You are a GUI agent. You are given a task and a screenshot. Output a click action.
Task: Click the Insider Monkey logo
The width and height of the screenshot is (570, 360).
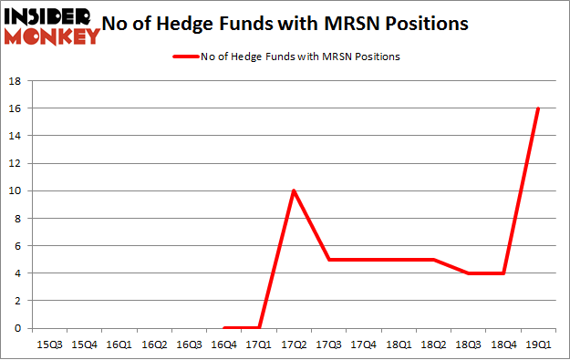pyautogui.click(x=53, y=26)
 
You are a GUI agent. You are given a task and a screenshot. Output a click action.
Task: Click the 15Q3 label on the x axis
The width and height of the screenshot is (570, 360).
pyautogui.click(x=50, y=345)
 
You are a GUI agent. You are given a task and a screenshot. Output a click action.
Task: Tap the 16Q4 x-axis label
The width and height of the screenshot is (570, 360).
pyautogui.click(x=225, y=345)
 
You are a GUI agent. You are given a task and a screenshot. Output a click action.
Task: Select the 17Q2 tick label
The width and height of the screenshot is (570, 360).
pyautogui.click(x=294, y=345)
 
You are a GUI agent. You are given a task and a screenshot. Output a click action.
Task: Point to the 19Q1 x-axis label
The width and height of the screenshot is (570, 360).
pyautogui.click(x=538, y=345)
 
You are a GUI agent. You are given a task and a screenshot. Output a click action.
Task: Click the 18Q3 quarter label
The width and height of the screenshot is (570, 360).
pyautogui.click(x=468, y=345)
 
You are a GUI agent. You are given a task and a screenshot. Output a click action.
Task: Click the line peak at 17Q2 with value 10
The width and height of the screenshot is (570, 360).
pyautogui.click(x=294, y=190)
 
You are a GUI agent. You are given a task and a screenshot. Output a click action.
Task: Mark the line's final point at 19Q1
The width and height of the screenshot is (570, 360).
pyautogui.click(x=538, y=108)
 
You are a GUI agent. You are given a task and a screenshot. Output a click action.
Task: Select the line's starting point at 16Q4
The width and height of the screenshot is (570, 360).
pyautogui.click(x=224, y=327)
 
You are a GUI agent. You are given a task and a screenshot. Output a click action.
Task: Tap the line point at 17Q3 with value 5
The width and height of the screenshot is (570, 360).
pyautogui.click(x=328, y=259)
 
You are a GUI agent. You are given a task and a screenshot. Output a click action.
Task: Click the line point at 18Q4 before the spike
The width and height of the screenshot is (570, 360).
pyautogui.click(x=503, y=273)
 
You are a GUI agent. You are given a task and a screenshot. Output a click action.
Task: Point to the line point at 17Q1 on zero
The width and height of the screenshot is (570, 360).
pyautogui.click(x=259, y=327)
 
